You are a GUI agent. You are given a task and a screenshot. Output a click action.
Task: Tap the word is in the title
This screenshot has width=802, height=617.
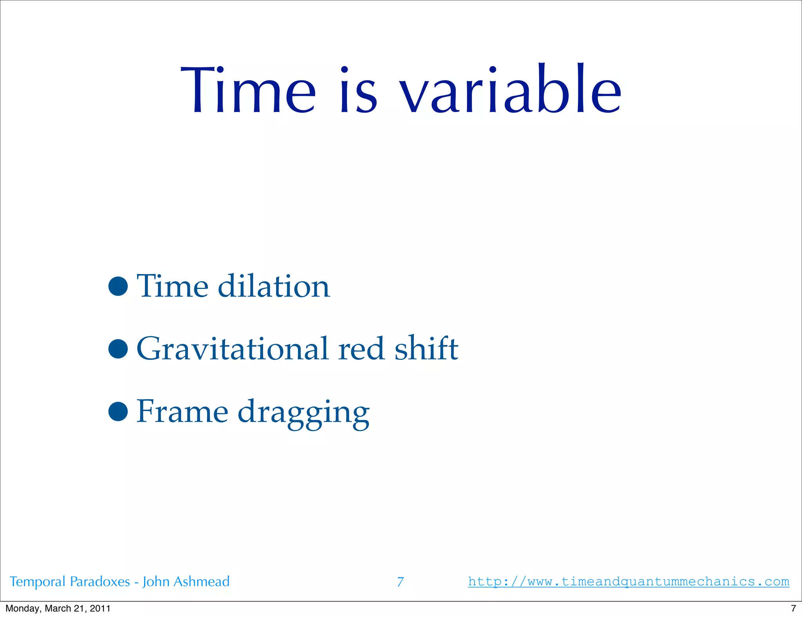pyautogui.click(x=358, y=91)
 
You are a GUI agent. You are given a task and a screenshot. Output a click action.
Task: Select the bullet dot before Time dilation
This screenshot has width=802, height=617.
pyautogui.click(x=118, y=286)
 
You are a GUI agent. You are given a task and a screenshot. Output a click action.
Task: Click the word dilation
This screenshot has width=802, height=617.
pyautogui.click(x=274, y=286)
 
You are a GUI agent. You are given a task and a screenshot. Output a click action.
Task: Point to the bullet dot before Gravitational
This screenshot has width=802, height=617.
pyautogui.click(x=118, y=348)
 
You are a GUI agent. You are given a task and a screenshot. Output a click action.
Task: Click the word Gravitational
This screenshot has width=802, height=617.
pyautogui.click(x=232, y=348)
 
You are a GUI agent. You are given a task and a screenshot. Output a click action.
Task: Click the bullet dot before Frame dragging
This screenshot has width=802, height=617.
pyautogui.click(x=118, y=411)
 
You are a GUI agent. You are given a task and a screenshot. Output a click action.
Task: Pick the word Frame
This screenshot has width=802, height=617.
pyautogui.click(x=182, y=411)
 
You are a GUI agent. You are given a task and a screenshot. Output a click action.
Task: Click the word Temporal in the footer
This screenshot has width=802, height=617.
pyautogui.click(x=37, y=582)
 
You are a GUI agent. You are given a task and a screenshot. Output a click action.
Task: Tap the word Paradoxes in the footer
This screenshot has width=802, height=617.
pyautogui.click(x=100, y=582)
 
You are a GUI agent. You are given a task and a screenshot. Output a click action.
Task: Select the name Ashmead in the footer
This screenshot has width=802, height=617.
pyautogui.click(x=201, y=581)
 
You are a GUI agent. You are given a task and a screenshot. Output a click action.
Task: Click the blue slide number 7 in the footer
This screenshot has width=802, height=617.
pyautogui.click(x=400, y=582)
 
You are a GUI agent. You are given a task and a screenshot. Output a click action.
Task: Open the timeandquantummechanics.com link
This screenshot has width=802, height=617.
pyautogui.click(x=629, y=582)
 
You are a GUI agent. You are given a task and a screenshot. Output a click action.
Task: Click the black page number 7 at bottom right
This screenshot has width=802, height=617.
pyautogui.click(x=793, y=608)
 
